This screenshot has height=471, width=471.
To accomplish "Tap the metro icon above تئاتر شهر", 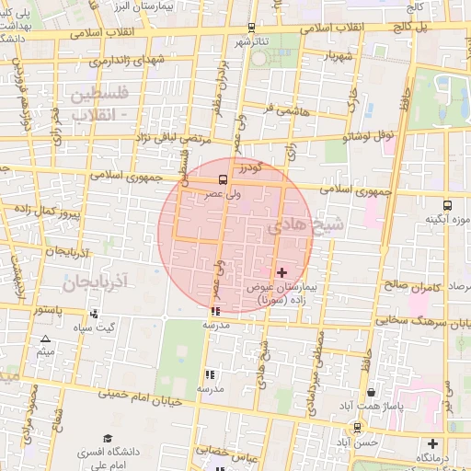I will (252, 29).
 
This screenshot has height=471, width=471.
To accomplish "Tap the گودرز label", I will (247, 170).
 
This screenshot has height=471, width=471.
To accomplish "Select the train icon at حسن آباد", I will (357, 426).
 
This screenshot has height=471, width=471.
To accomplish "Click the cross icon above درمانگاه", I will (431, 443).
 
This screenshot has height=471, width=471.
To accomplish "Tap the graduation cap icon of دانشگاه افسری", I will (108, 438).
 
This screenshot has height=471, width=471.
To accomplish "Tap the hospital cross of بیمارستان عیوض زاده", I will (281, 272).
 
